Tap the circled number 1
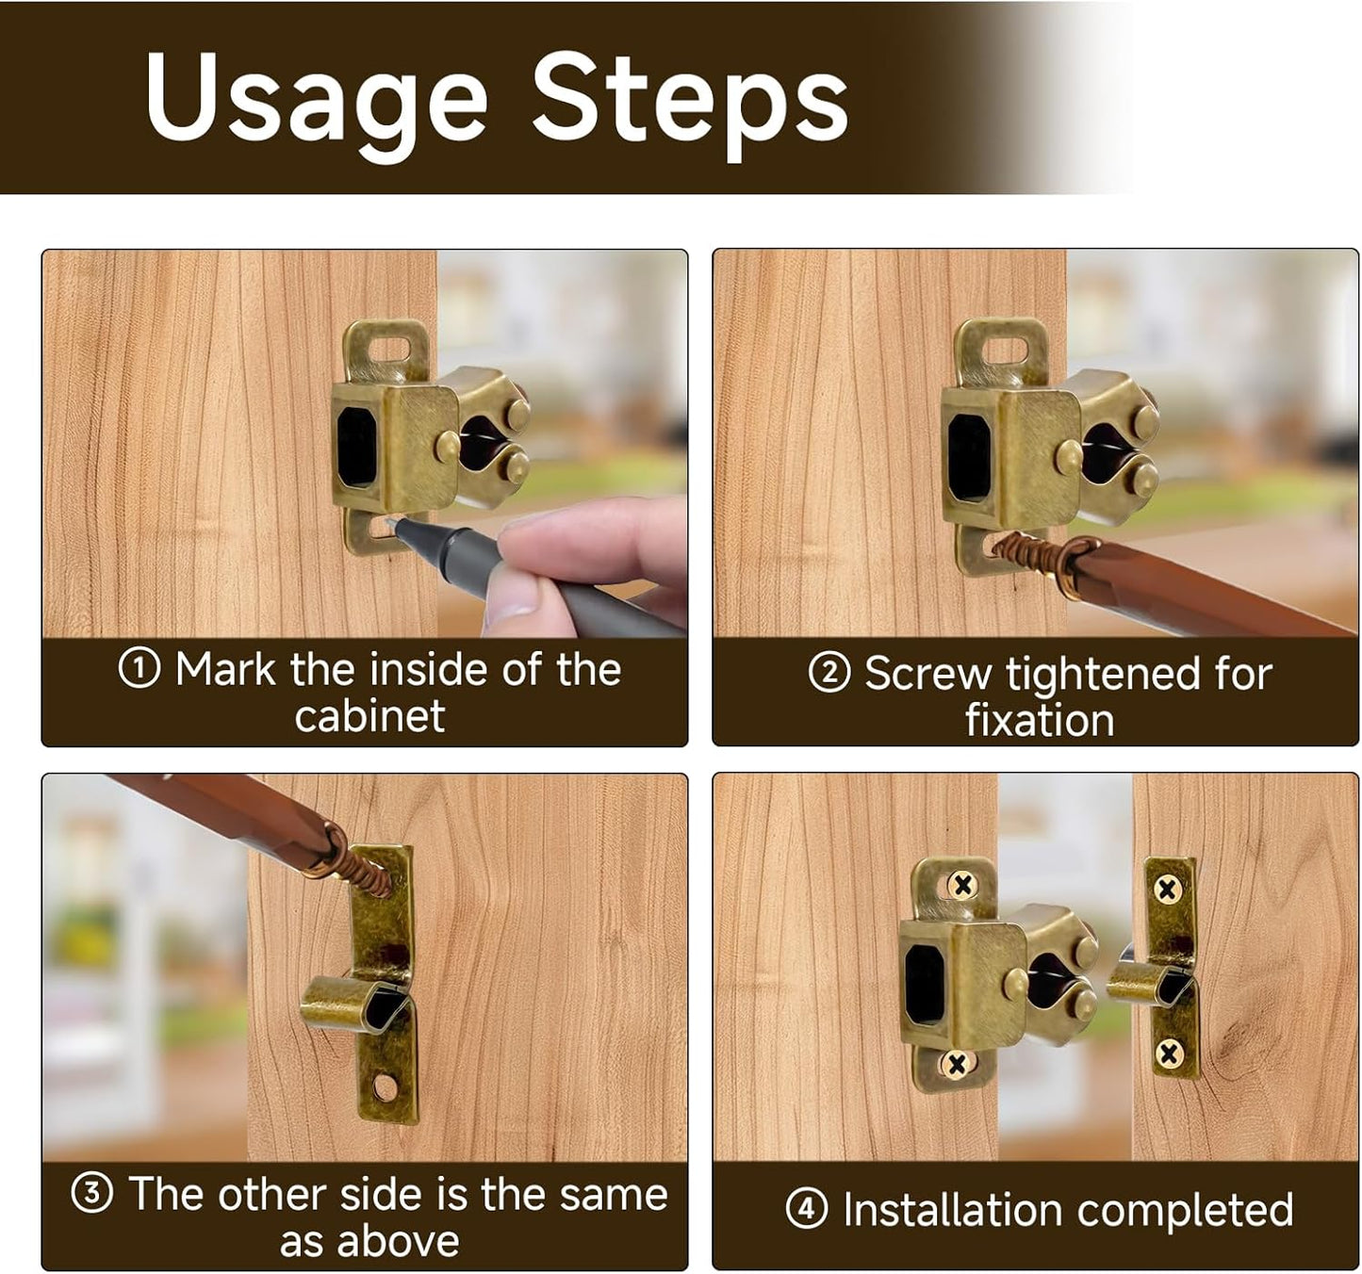click(x=139, y=668)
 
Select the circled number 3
click(x=91, y=1193)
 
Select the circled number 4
click(x=807, y=1208)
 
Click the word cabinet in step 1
click(x=369, y=716)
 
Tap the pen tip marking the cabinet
click(x=389, y=522)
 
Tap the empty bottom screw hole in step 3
click(x=385, y=1088)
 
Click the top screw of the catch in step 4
click(x=963, y=885)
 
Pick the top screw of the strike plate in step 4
click(x=1167, y=890)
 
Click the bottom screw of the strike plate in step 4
click(x=1170, y=1053)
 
